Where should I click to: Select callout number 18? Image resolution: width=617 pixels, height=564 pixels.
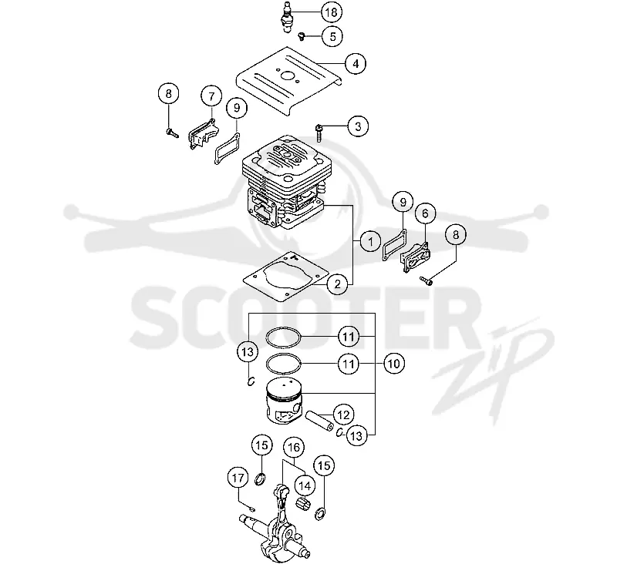click(332, 12)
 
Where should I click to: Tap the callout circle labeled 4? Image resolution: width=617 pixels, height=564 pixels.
click(356, 63)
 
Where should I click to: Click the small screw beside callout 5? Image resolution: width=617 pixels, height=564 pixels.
click(302, 36)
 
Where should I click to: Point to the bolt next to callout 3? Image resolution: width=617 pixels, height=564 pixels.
click(319, 133)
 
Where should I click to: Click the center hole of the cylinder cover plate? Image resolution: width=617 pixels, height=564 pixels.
click(288, 76)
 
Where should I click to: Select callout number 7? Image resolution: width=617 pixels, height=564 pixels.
click(211, 96)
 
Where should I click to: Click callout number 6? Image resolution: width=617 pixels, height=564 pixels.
click(426, 213)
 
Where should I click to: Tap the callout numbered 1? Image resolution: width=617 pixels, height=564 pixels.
click(370, 241)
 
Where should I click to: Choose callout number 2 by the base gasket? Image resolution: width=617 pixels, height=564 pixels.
click(337, 284)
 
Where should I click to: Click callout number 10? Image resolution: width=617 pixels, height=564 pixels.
click(394, 364)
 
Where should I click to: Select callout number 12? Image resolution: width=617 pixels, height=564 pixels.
click(343, 415)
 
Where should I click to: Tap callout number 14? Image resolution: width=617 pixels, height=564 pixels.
click(305, 485)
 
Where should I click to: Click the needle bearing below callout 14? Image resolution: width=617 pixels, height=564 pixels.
click(303, 502)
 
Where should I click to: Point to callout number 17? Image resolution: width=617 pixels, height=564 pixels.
click(238, 478)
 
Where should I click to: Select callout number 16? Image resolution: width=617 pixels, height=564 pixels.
click(294, 447)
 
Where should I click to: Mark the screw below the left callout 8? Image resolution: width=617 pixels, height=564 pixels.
click(172, 133)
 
